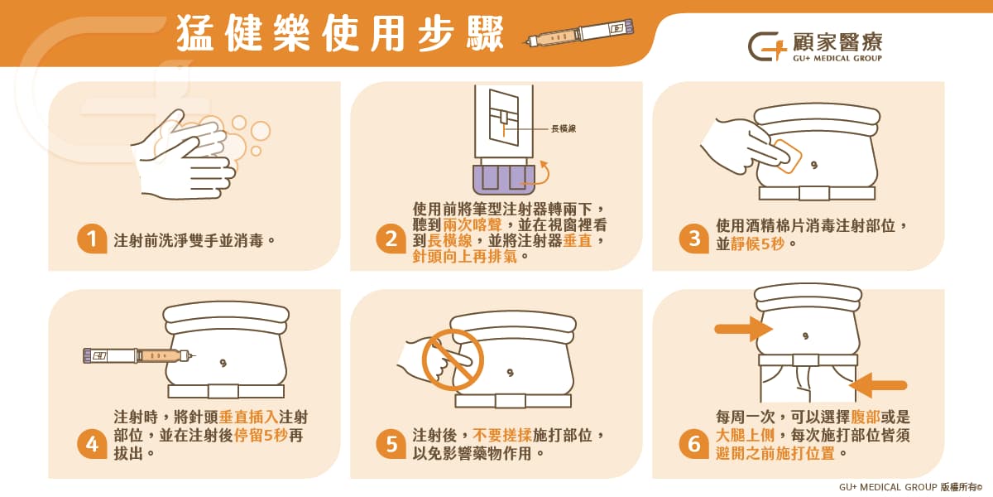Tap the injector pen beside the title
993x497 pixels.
pyautogui.click(x=579, y=34)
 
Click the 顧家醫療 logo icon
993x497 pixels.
pyautogui.click(x=766, y=47)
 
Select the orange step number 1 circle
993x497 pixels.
pyautogui.click(x=92, y=240)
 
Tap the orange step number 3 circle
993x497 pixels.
pyautogui.click(x=693, y=239)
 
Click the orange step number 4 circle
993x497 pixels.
pyautogui.click(x=92, y=445)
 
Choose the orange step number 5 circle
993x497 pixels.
pyautogui.click(x=391, y=445)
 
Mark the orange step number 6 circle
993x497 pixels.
pyautogui.click(x=693, y=445)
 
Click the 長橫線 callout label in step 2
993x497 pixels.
pyautogui.click(x=564, y=128)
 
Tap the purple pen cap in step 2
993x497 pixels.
pyautogui.click(x=500, y=179)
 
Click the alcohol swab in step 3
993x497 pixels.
pyautogui.click(x=785, y=156)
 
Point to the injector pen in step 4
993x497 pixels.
pyautogui.click(x=139, y=355)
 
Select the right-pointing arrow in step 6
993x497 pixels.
pyautogui.click(x=743, y=329)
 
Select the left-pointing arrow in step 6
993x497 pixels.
pyautogui.click(x=878, y=385)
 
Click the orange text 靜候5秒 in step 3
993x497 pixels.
pyautogui.click(x=759, y=244)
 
